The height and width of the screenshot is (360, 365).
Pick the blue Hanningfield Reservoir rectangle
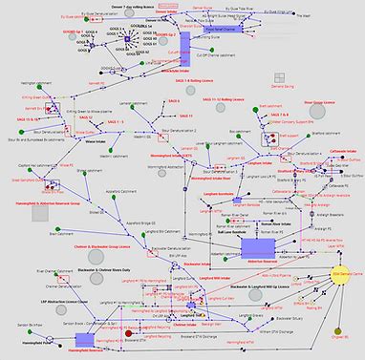[85, 340]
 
